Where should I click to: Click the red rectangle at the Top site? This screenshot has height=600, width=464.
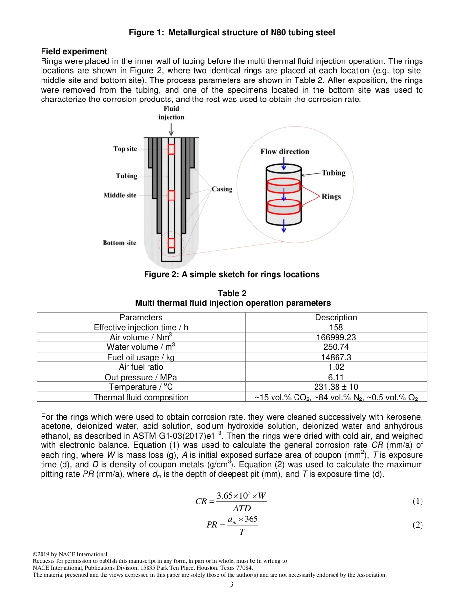point(171,149)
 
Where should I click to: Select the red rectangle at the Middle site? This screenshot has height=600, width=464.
point(171,195)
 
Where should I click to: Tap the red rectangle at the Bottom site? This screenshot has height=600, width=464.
point(171,243)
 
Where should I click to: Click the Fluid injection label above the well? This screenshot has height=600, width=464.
point(171,113)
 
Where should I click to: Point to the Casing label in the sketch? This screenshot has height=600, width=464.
point(222,189)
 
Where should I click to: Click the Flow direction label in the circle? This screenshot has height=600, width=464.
point(285,152)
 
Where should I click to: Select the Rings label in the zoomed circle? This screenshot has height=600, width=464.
point(331,197)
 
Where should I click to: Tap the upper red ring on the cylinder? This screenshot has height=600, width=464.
point(284,186)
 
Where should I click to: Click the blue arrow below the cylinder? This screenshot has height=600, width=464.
point(284,227)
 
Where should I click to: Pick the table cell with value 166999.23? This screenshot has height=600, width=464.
point(336,337)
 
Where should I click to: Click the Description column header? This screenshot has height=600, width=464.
point(336,317)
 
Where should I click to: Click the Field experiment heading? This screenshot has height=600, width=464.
point(74,51)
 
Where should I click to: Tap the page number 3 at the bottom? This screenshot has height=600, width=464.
point(232,584)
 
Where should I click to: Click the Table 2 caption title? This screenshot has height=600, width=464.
point(232,293)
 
